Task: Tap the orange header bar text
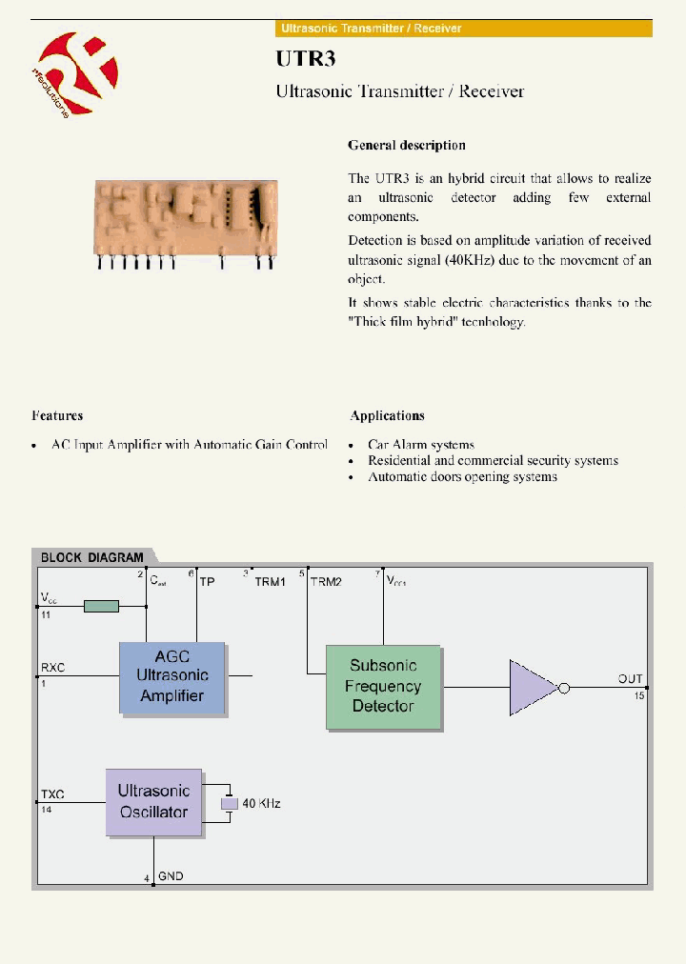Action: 370,29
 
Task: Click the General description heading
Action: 407,146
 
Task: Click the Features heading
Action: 57,415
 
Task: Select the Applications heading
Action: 387,415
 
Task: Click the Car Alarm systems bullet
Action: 420,445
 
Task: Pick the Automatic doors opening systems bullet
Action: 462,476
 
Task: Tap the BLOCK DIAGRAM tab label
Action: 92,557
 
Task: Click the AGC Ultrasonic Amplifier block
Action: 172,676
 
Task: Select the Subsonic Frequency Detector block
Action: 383,687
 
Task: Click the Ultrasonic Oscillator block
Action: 153,802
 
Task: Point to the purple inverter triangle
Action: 534,688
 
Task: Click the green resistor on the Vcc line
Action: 101,606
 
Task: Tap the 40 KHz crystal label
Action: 261,804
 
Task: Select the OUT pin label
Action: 630,679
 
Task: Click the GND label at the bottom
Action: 171,875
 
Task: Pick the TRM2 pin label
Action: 325,581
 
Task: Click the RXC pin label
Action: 52,668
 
